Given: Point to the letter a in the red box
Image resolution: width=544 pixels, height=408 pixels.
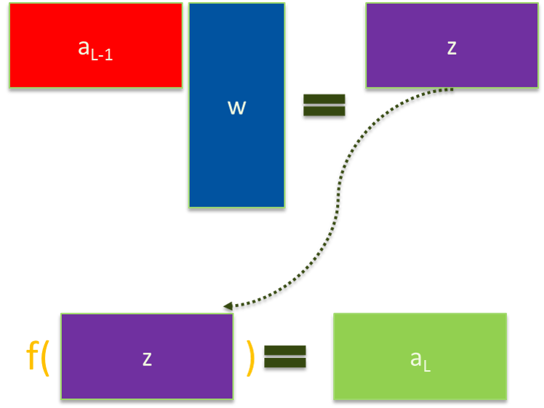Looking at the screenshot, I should [x=84, y=49].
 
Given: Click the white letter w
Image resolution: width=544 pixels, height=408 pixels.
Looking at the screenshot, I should [x=236, y=107].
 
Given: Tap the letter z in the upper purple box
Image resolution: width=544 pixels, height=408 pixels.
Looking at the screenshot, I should [x=452, y=47].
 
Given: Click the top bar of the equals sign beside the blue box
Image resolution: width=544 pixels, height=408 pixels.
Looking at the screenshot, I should [x=324, y=98].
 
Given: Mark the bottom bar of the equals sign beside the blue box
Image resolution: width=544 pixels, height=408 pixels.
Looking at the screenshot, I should [x=324, y=111].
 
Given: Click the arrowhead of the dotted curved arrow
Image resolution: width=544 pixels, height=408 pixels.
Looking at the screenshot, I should [x=228, y=306].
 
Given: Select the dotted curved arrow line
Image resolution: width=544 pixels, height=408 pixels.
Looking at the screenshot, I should [x=338, y=196].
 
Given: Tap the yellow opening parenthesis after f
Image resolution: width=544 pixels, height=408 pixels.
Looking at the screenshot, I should [x=45, y=358].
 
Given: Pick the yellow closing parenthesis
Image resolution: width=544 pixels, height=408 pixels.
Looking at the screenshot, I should [x=251, y=358].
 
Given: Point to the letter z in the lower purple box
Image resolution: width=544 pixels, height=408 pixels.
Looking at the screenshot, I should [x=147, y=358].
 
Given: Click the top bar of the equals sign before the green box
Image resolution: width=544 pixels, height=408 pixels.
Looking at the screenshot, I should [x=284, y=351].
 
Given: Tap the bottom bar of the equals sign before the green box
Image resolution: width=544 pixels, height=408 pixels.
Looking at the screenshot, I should [x=284, y=363].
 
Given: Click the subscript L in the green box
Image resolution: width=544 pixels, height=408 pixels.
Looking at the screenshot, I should [x=426, y=367].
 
